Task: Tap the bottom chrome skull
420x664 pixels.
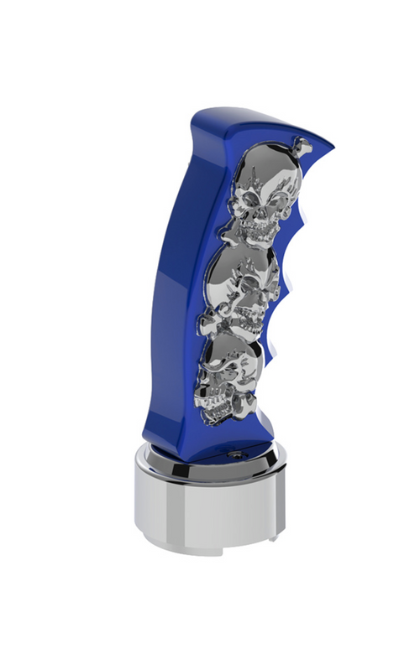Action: pos(225,382)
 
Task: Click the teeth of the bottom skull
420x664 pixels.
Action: pos(220,411)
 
